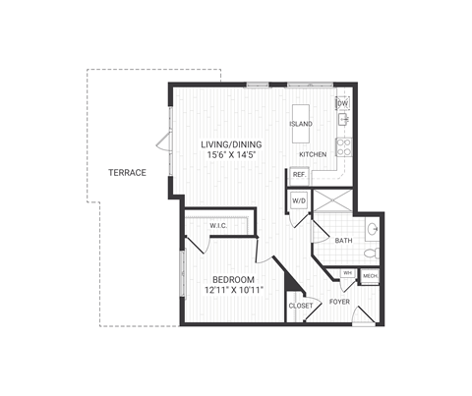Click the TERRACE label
click(x=128, y=173)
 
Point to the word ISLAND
click(x=301, y=125)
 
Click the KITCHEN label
click(x=313, y=155)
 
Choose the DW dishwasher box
click(x=343, y=103)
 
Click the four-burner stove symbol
click(x=344, y=147)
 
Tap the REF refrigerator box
click(x=299, y=176)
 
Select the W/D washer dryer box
click(x=299, y=200)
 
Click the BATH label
click(x=343, y=240)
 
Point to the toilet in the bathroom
click(x=370, y=254)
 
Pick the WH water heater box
click(x=347, y=273)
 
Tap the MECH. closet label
click(x=370, y=277)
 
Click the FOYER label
click(x=340, y=302)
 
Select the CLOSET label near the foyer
click(x=301, y=306)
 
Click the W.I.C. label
click(x=218, y=227)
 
